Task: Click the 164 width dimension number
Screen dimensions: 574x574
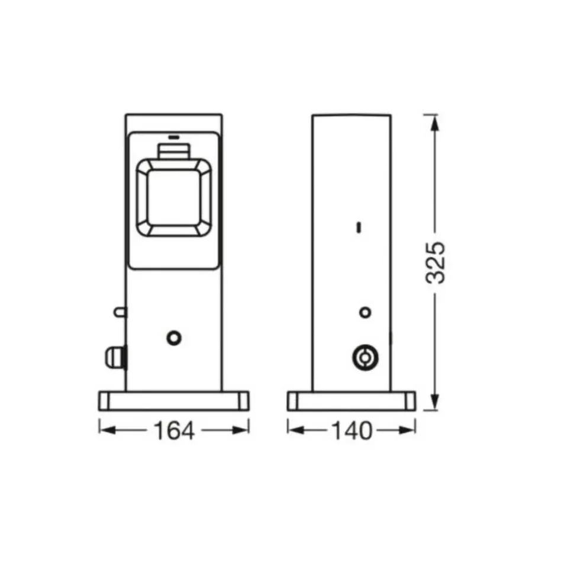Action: [x=174, y=431]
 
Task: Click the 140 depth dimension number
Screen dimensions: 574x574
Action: [x=352, y=431]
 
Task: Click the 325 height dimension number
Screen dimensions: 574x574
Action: [x=436, y=262]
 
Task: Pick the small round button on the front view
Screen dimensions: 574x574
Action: [x=173, y=337]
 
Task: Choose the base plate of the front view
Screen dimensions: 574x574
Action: [x=173, y=400]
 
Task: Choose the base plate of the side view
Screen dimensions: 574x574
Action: [x=352, y=400]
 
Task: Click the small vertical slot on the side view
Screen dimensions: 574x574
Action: [x=359, y=227]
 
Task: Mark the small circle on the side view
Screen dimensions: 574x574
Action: [x=366, y=312]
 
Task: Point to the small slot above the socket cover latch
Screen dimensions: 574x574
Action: [x=173, y=136]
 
